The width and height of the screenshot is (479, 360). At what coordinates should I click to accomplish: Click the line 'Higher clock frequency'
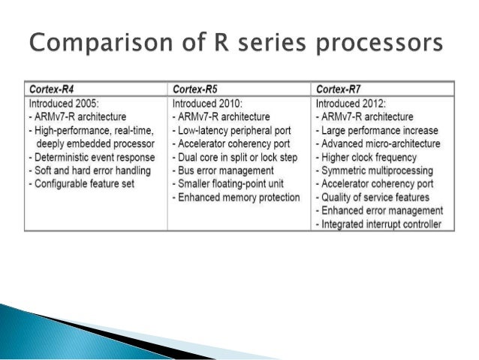tap(370, 157)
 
